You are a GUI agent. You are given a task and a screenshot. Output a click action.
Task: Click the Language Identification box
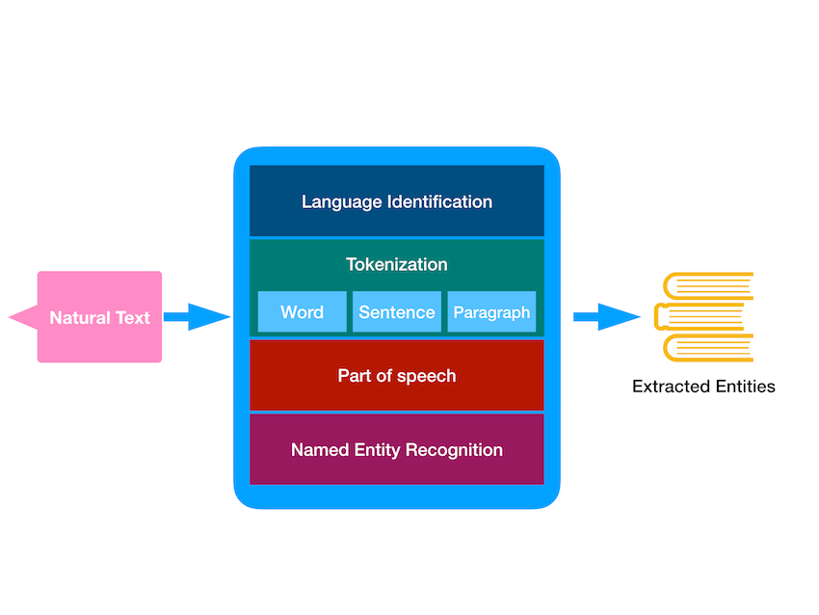tap(396, 201)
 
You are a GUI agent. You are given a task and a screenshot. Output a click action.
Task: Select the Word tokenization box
tap(302, 312)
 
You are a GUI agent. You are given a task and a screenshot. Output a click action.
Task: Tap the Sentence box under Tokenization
tap(396, 312)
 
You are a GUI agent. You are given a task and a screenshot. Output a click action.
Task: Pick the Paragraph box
tap(491, 312)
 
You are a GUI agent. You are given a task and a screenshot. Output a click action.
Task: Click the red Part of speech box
tap(396, 376)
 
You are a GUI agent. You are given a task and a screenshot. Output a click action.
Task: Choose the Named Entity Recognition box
tap(396, 450)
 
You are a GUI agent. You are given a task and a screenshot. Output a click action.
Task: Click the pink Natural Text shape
tap(99, 317)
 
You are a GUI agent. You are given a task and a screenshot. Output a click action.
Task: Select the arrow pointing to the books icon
tap(606, 316)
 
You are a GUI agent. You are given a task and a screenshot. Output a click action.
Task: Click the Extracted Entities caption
tap(703, 387)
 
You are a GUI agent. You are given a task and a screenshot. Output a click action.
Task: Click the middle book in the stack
tap(700, 317)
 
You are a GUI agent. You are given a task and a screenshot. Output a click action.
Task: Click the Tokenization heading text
tap(396, 264)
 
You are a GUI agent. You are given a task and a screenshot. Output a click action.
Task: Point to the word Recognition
tap(455, 450)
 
